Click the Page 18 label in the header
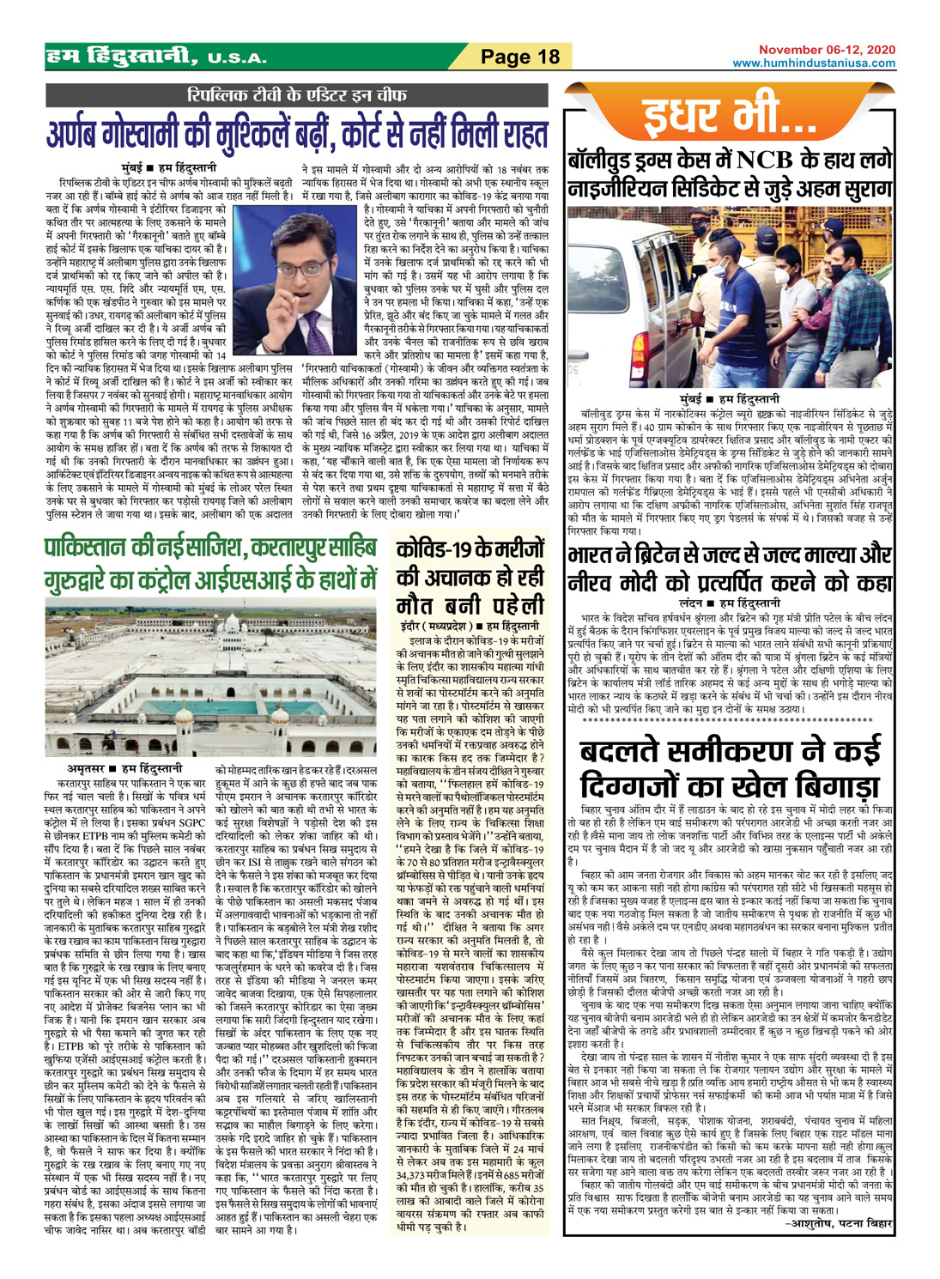[x=519, y=58]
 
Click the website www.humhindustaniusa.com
[x=813, y=64]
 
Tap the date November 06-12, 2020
[x=826, y=51]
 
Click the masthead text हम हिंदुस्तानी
[x=120, y=57]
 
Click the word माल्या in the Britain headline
[x=829, y=555]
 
